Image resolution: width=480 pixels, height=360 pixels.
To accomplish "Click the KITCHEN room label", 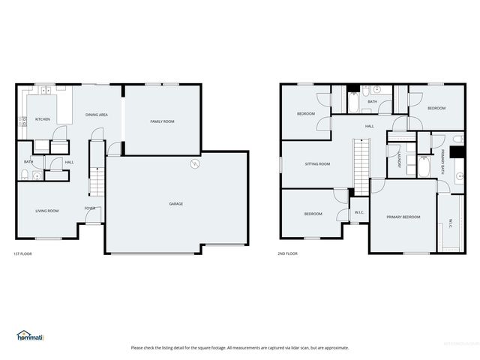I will [x=42, y=120].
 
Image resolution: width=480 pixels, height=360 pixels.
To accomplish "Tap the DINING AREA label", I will [x=97, y=115].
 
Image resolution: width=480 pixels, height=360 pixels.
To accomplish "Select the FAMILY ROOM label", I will [x=162, y=121].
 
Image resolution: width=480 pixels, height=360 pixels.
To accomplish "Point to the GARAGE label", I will [x=175, y=204].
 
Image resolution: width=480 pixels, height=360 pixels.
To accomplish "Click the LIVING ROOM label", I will [x=47, y=211].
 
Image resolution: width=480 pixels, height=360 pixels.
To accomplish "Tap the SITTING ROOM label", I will [x=317, y=163].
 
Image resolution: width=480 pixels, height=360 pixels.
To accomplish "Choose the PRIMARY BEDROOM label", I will [x=403, y=217].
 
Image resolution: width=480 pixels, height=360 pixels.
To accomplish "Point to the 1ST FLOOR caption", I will [x=23, y=253].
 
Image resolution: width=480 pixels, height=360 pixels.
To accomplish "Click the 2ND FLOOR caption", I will [x=288, y=253].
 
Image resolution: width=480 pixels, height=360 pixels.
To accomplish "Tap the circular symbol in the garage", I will [x=194, y=163].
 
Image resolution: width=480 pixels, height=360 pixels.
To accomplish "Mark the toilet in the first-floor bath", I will [x=25, y=176].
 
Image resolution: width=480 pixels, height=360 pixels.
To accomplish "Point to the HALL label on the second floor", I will [x=370, y=126].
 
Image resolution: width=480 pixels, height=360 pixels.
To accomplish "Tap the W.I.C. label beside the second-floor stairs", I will [x=359, y=213].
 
